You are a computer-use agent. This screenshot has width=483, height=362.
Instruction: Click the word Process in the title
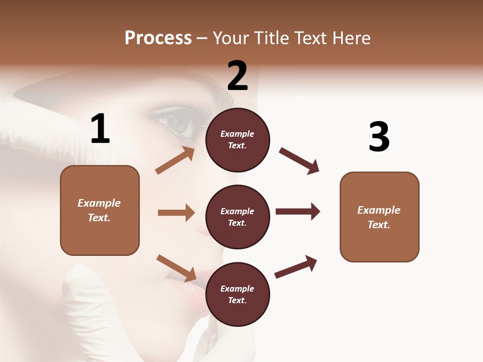158,38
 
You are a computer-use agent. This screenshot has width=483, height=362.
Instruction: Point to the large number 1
100,129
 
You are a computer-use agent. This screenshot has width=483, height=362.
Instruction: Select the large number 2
237,76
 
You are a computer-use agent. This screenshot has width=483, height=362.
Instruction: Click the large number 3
379,137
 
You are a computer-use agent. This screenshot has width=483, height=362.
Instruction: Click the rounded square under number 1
100,210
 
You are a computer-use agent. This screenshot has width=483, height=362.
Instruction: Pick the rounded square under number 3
379,217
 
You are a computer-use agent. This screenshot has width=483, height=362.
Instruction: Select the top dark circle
237,140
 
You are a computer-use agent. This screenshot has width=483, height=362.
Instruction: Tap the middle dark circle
237,217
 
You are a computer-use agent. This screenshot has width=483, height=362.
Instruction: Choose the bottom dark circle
237,294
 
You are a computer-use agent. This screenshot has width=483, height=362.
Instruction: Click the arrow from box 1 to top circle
175,160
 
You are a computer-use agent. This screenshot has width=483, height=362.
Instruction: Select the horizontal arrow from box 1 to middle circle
176,213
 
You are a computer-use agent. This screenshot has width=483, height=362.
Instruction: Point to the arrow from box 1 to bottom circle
176,268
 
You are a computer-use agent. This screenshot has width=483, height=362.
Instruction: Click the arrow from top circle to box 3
299,161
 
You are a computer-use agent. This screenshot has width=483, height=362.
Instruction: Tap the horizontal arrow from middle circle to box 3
298,211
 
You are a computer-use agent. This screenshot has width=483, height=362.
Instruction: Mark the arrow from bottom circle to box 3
296,267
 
